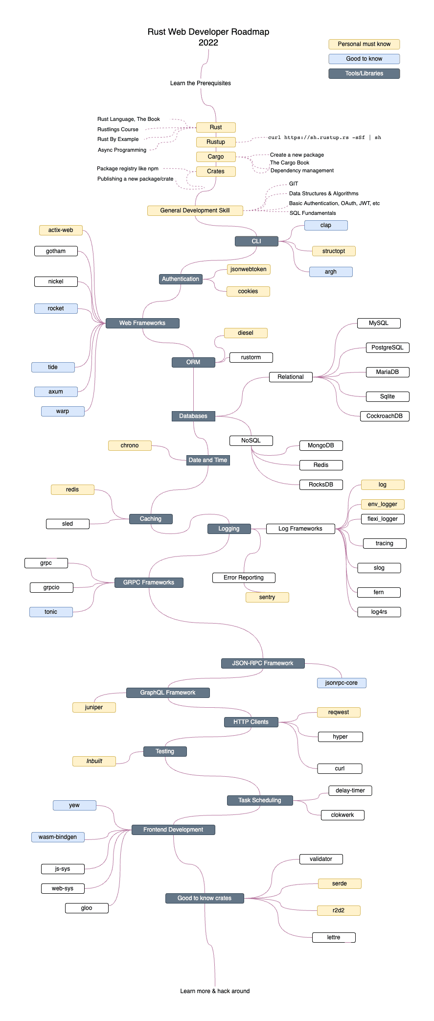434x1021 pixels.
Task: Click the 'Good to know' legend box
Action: click(364, 59)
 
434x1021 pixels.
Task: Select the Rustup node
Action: click(216, 142)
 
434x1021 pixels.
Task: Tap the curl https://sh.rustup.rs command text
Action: click(324, 138)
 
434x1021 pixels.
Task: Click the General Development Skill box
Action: click(195, 210)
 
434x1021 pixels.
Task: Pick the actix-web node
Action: click(61, 230)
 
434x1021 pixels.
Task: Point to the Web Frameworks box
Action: click(142, 323)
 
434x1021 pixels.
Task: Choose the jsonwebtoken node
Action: click(249, 269)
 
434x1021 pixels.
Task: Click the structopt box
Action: click(334, 251)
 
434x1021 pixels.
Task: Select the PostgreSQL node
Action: click(388, 348)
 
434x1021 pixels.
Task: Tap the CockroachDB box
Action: click(385, 416)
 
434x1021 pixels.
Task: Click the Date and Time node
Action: click(208, 460)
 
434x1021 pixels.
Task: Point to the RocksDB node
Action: click(321, 485)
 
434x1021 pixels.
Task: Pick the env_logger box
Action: click(383, 504)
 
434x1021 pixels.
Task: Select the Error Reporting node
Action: click(244, 578)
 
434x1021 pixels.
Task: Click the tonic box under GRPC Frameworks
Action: click(51, 612)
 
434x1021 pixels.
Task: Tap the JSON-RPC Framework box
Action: click(263, 663)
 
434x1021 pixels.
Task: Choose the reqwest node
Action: click(339, 712)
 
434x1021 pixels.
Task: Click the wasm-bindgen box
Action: click(58, 837)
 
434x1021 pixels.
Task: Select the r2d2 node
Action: click(339, 910)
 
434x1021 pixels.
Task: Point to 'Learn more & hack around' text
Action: click(215, 991)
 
